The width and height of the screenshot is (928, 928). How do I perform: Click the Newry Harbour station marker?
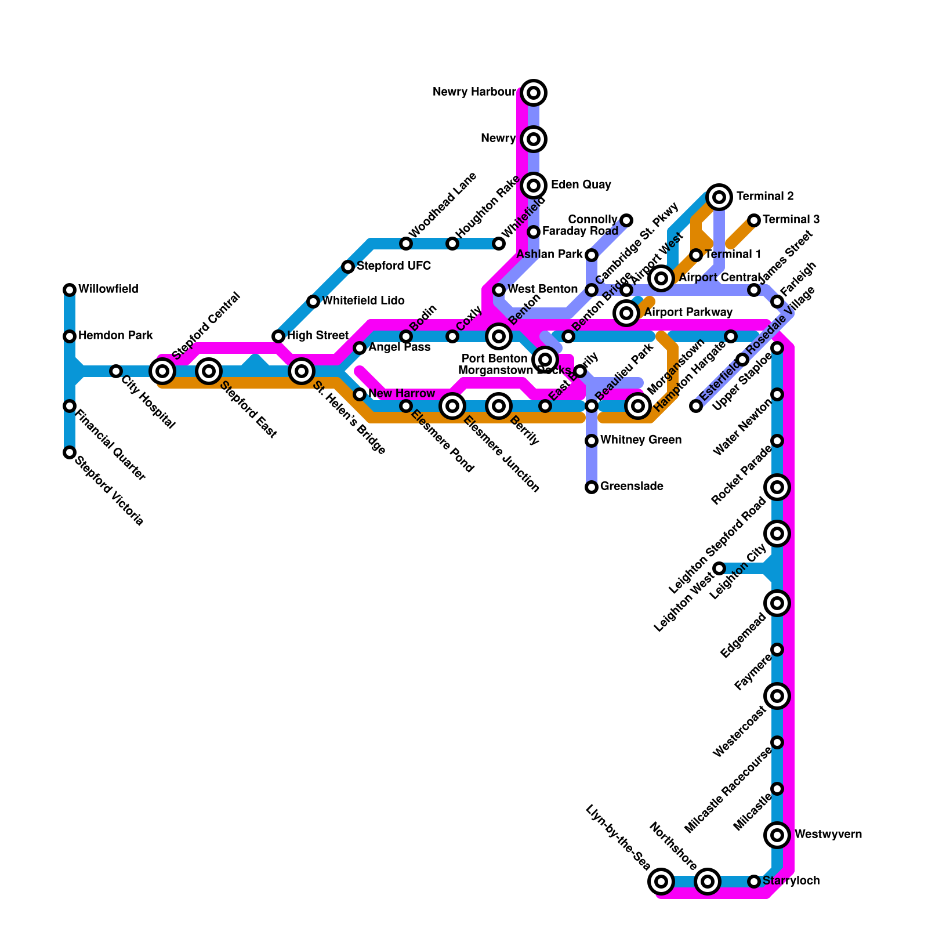[x=534, y=92]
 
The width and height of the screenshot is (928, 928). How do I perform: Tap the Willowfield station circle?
[x=70, y=289]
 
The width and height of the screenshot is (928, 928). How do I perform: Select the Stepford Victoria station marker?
[x=70, y=452]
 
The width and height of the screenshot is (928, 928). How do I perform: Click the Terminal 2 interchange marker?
[x=719, y=197]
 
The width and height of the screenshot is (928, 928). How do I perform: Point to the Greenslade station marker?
[x=592, y=487]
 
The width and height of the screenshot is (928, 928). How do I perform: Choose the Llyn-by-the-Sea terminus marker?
[x=661, y=882]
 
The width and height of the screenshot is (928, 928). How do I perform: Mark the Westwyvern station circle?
[x=777, y=835]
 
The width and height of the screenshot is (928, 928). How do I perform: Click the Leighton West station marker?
[x=719, y=568]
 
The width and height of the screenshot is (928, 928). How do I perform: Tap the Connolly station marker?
[x=626, y=220]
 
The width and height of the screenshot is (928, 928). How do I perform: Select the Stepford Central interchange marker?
[x=163, y=371]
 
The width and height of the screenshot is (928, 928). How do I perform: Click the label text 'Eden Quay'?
[x=581, y=185]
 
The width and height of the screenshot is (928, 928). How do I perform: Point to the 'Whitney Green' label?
[x=641, y=440]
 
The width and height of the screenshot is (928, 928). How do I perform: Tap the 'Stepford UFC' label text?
[x=394, y=266]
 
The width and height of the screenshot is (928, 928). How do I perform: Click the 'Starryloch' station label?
[x=791, y=881]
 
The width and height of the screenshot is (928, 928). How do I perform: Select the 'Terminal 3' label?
[x=791, y=220]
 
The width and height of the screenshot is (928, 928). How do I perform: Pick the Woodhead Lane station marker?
[x=406, y=244]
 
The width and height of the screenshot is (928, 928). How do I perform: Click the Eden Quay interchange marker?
[x=534, y=186]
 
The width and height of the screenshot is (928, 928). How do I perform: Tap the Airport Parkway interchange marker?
[x=626, y=313]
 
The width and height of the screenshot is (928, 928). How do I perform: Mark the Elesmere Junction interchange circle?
[x=452, y=406]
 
